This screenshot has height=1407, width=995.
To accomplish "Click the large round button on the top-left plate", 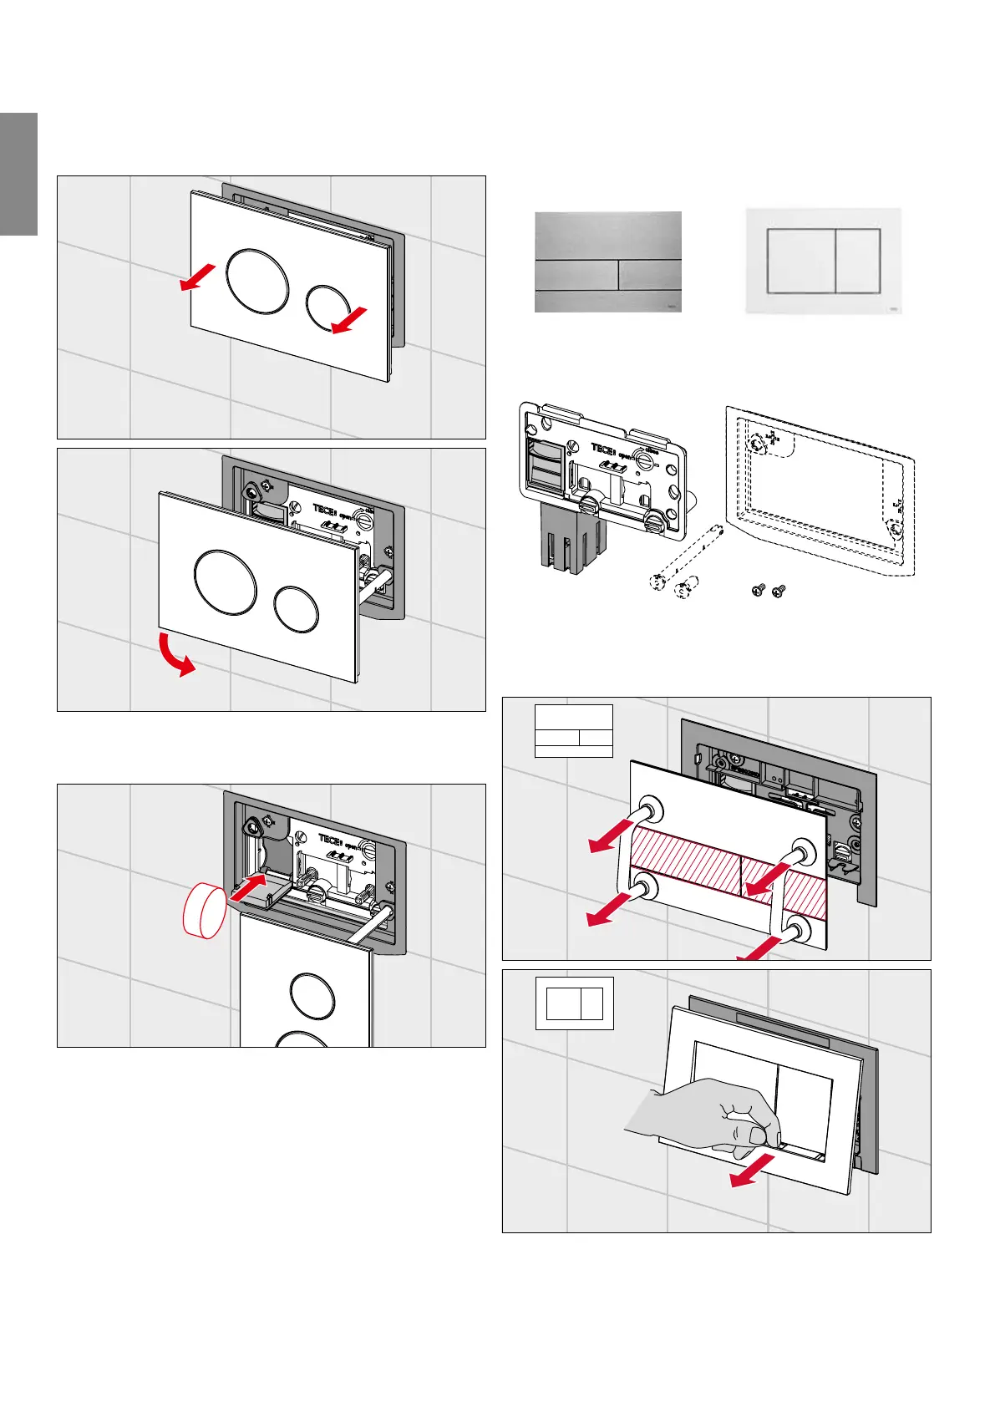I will click(x=258, y=282).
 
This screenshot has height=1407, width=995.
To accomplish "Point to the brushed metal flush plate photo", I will click(x=607, y=262).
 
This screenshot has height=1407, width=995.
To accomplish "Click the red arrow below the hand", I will click(x=749, y=1174).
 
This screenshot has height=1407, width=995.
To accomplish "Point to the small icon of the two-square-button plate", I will click(x=574, y=1003).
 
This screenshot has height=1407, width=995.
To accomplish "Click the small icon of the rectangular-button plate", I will click(x=573, y=730).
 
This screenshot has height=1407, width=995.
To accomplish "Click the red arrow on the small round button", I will click(x=348, y=320).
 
